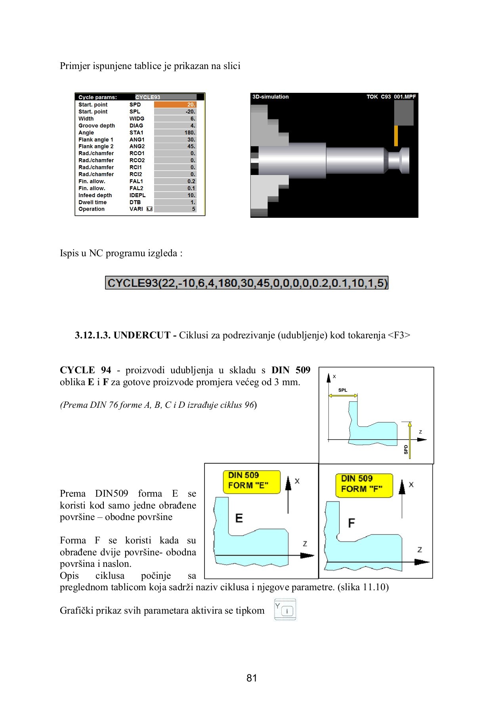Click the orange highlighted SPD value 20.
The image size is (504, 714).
[175, 105]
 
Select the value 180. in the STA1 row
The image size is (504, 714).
[175, 132]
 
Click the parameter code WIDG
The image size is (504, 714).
[137, 119]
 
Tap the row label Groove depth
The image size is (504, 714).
[97, 126]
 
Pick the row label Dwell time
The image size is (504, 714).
[92, 202]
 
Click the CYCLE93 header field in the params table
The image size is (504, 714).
[165, 97]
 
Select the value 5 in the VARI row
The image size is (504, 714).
[175, 209]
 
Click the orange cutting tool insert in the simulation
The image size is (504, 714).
[396, 136]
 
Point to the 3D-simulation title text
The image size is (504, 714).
[271, 97]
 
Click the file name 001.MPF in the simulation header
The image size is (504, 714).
[405, 97]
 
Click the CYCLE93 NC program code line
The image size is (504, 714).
[246, 283]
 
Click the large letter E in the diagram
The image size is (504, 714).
[239, 518]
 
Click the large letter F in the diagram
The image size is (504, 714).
[351, 523]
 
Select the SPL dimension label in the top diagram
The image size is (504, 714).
[342, 390]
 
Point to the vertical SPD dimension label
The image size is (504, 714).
[406, 449]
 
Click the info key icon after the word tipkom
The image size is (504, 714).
[285, 610]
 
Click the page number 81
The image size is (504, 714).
[252, 678]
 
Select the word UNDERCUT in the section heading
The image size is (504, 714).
[142, 335]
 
